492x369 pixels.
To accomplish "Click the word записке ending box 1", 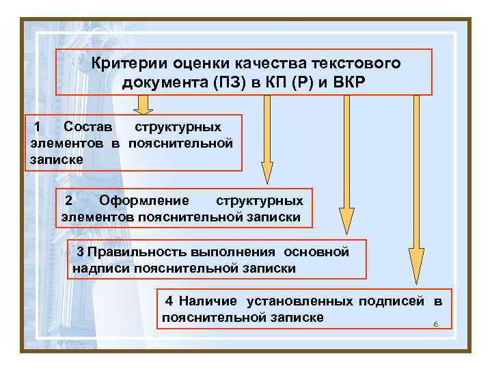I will click(57, 159).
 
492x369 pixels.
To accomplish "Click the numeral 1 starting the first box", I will click(39, 127).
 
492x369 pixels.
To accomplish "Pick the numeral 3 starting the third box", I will click(81, 252).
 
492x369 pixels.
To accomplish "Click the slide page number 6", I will click(435, 324).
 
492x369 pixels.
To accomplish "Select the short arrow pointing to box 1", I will click(143, 105).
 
